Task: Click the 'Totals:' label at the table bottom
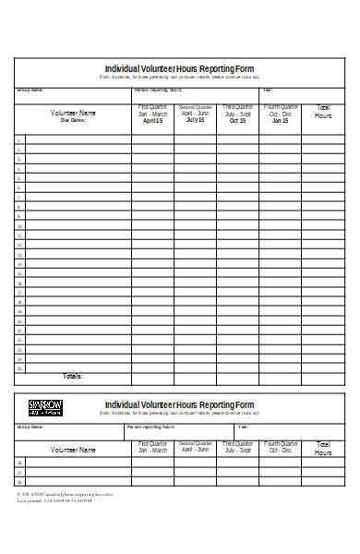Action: (x=72, y=377)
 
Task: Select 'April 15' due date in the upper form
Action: (x=152, y=121)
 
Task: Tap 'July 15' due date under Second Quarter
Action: (x=195, y=120)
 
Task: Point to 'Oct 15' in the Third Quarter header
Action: (x=238, y=121)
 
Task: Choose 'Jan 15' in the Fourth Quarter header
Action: (x=280, y=121)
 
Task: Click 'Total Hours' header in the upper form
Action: (x=323, y=112)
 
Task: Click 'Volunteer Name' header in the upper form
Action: (x=73, y=113)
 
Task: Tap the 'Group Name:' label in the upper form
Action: (x=30, y=90)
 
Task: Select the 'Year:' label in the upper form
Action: (x=268, y=90)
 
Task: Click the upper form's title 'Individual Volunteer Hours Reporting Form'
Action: (x=179, y=68)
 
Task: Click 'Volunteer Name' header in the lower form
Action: (x=73, y=450)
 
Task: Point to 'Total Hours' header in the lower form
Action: (x=323, y=449)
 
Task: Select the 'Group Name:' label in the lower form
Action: (x=30, y=428)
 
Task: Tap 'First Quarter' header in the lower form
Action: (x=152, y=444)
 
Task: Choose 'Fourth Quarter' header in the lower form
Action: (x=280, y=444)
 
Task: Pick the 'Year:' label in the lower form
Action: (x=243, y=428)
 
